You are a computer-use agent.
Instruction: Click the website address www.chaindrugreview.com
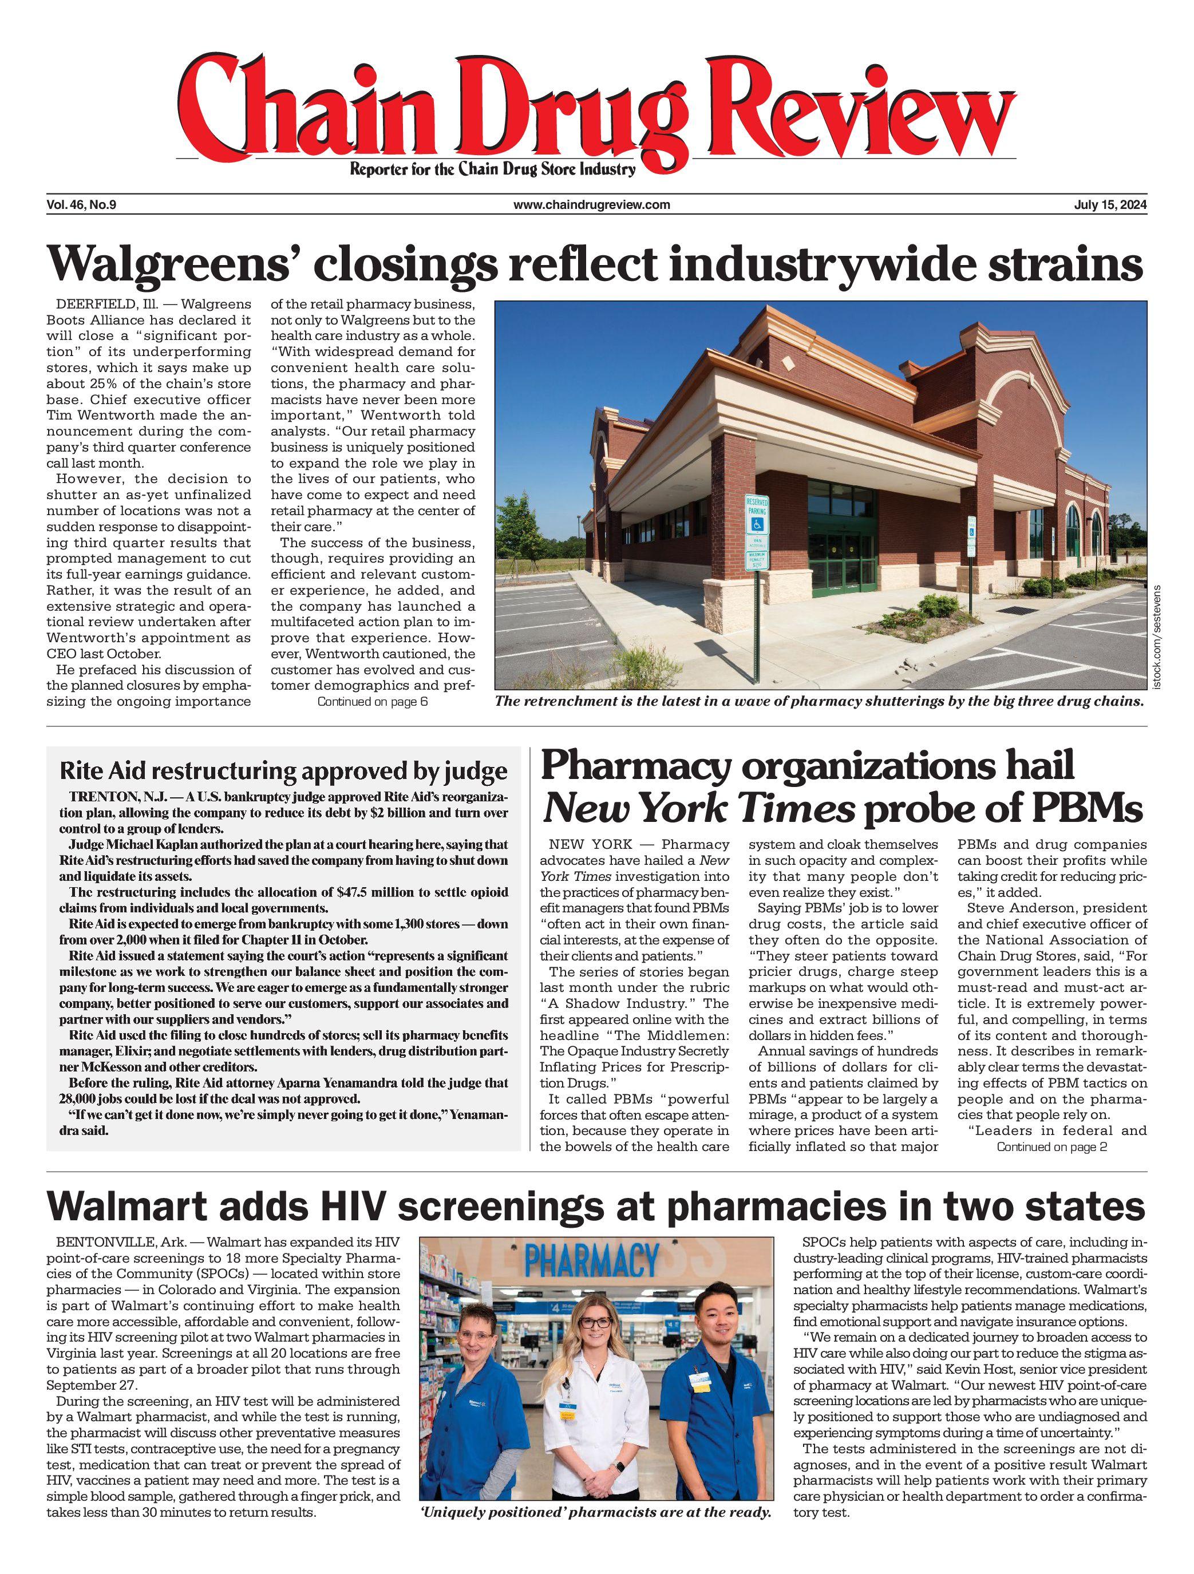[591, 205]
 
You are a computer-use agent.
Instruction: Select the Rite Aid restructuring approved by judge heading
[283, 772]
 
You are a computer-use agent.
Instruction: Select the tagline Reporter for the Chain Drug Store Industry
[492, 169]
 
